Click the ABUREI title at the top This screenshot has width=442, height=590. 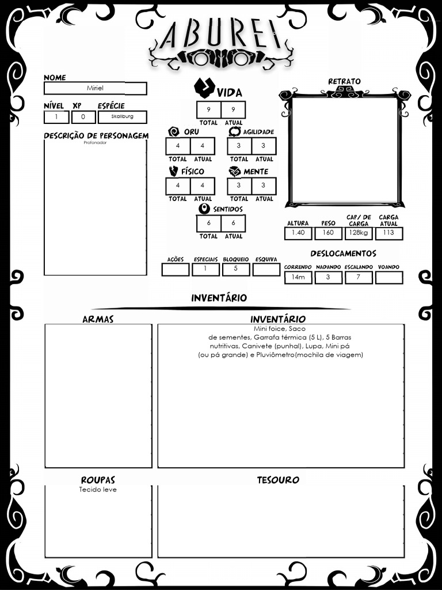click(221, 36)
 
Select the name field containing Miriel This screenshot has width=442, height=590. click(95, 88)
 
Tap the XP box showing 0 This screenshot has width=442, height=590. click(83, 117)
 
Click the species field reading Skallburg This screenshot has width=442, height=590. click(122, 117)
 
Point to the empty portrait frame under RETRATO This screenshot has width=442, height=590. click(345, 149)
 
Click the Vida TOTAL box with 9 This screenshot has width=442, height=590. click(208, 109)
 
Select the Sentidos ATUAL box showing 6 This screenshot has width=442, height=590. click(233, 224)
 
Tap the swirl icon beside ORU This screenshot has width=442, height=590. click(174, 132)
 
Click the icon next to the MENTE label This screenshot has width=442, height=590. click(235, 172)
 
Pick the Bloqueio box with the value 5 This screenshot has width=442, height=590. click(236, 269)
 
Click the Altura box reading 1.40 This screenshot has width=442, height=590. click(298, 233)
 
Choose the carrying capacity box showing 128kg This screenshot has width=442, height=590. click(358, 233)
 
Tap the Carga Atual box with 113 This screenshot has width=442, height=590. click(388, 233)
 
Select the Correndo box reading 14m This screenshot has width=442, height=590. click(298, 277)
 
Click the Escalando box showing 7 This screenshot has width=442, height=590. click(358, 277)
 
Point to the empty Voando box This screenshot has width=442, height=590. click(388, 277)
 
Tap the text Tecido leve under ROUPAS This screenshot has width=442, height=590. click(98, 490)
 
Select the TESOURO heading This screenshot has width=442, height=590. click(278, 480)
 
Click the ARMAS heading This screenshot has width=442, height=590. click(98, 319)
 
